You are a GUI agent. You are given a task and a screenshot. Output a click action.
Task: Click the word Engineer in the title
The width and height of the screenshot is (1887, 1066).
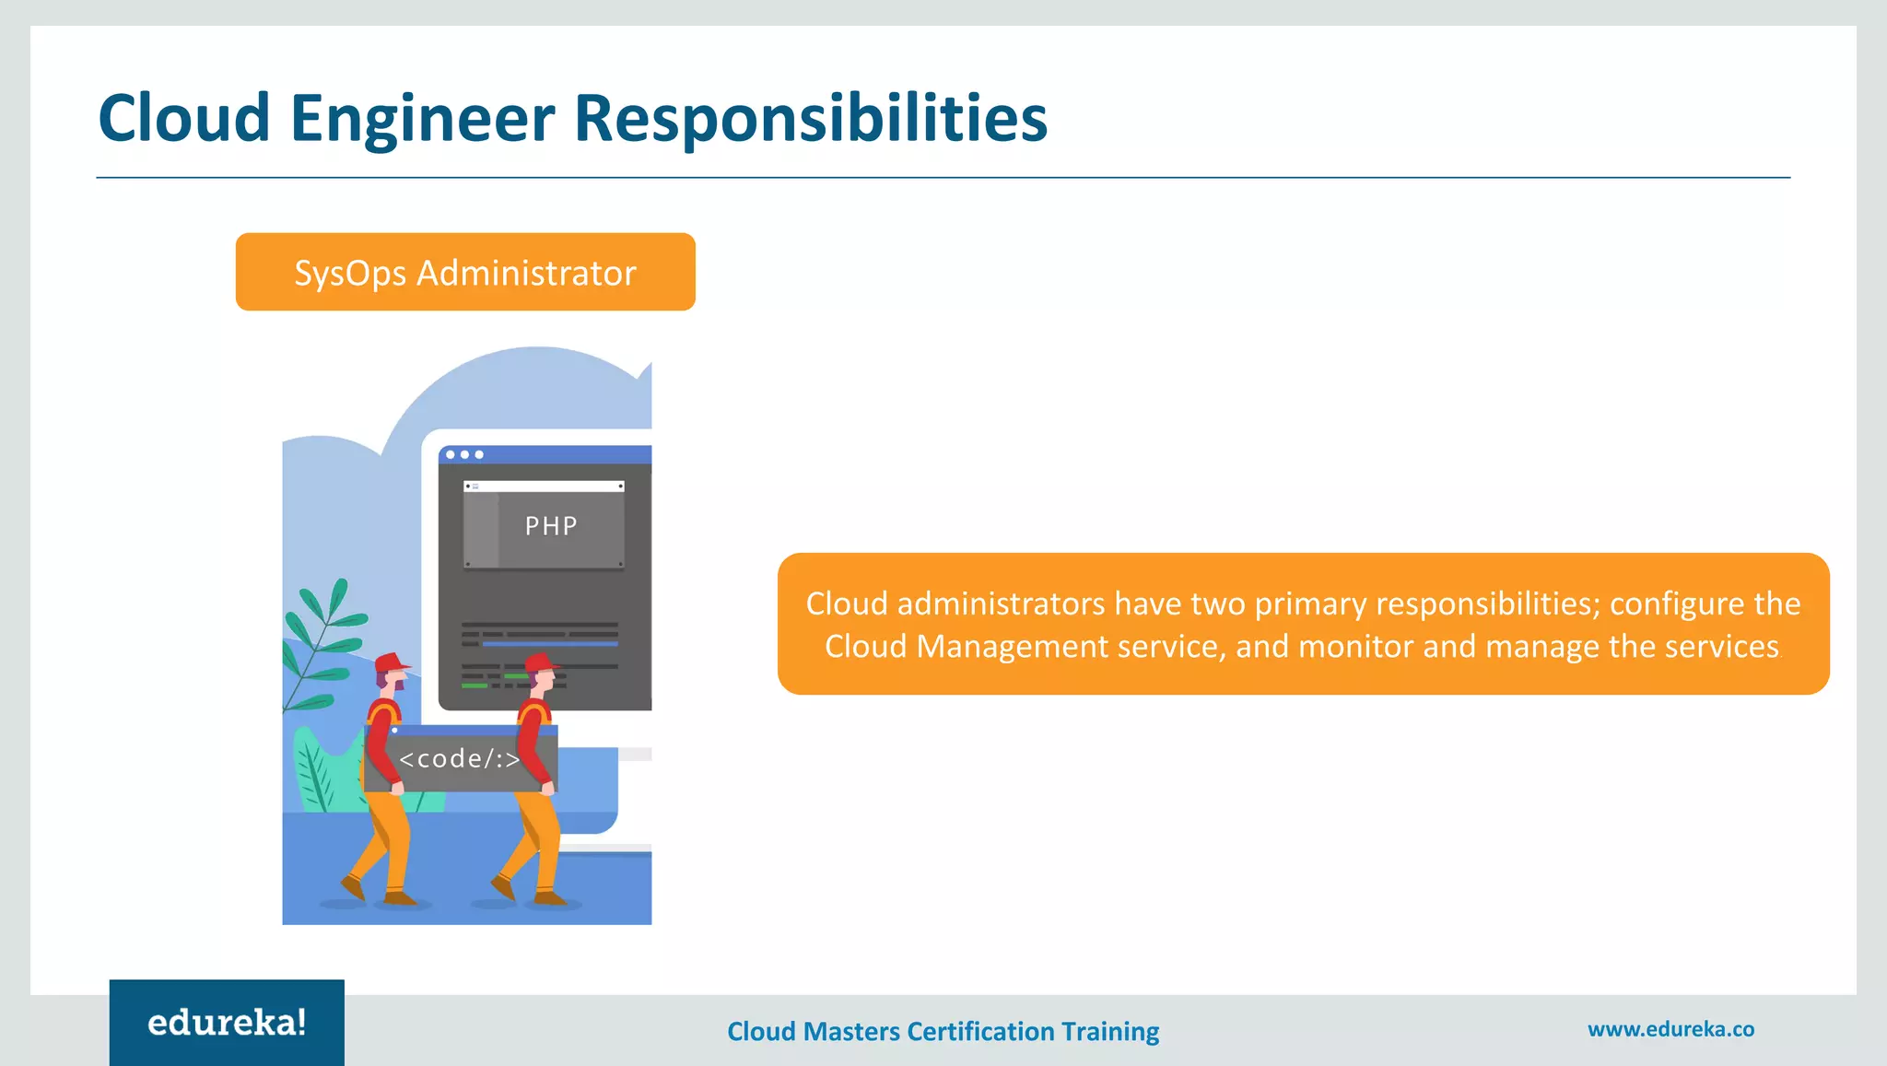click(x=422, y=119)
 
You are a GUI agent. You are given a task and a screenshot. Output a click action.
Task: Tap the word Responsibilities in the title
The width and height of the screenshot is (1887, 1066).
click(x=811, y=119)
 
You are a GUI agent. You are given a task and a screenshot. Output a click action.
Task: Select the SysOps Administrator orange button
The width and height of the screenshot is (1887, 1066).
click(x=465, y=272)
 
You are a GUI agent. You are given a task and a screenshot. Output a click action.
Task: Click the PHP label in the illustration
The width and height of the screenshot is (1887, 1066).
click(x=551, y=526)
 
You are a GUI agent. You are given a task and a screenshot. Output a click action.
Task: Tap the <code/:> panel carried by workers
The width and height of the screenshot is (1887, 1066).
click(x=459, y=759)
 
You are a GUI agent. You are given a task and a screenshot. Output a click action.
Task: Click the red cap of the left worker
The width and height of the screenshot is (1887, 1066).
click(x=391, y=662)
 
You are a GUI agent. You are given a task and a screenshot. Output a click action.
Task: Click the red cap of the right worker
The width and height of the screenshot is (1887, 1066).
click(x=541, y=662)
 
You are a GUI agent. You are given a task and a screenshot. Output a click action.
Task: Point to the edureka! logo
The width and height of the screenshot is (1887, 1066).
click(x=227, y=1023)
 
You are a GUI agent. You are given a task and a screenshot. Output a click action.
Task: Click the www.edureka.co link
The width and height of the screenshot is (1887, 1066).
click(x=1670, y=1029)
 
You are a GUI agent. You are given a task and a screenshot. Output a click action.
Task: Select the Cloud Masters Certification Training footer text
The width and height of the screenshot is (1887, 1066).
click(x=943, y=1031)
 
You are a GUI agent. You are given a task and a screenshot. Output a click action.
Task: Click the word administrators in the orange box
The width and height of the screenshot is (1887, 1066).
click(x=1001, y=603)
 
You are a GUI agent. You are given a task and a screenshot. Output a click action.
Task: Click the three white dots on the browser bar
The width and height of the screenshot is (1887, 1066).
click(x=464, y=454)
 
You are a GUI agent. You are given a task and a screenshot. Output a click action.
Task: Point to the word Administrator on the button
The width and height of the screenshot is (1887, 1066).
click(x=526, y=273)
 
